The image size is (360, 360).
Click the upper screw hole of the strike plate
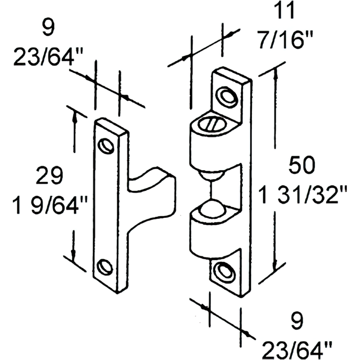point(107,145)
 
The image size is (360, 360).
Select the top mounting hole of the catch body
point(226,96)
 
